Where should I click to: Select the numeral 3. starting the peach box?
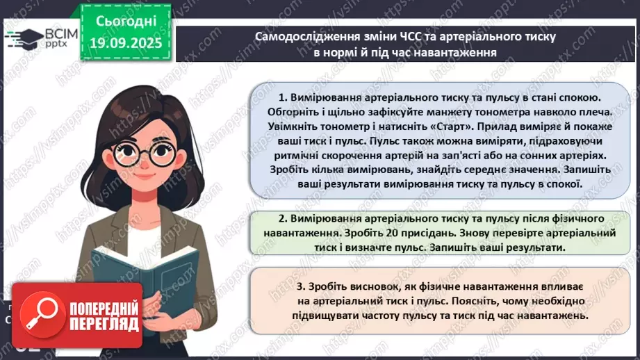tap(301, 286)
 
